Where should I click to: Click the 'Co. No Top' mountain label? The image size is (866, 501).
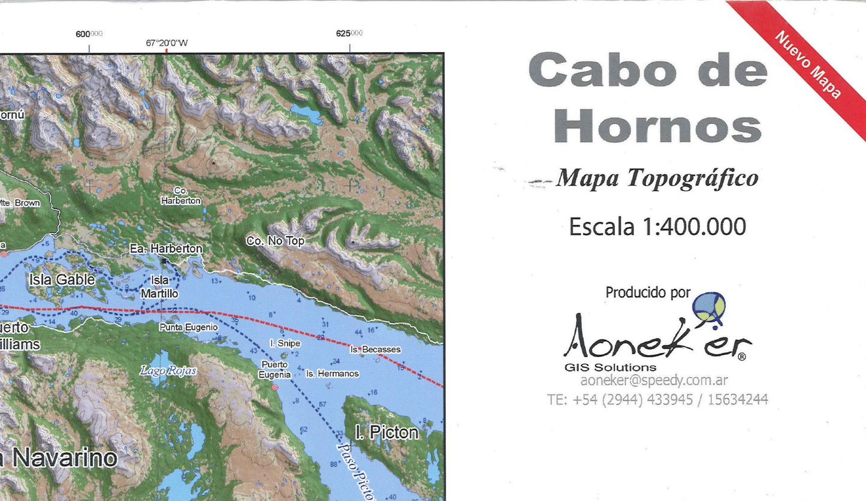click(275, 241)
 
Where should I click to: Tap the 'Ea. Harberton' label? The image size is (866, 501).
click(166, 248)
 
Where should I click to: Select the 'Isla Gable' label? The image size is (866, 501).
click(62, 279)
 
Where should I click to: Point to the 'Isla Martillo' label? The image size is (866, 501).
click(159, 287)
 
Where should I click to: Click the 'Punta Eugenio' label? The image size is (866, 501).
click(188, 327)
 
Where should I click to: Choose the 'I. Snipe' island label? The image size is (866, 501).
click(285, 343)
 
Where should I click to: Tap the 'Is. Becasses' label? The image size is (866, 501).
click(375, 349)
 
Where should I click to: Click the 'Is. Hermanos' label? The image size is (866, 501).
click(332, 373)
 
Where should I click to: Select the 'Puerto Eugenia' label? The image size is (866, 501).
click(274, 369)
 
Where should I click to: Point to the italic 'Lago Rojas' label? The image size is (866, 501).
click(168, 370)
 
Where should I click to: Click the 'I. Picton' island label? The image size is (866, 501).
click(387, 432)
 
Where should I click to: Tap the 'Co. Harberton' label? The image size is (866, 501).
click(180, 197)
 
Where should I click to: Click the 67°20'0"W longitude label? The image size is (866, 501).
click(167, 43)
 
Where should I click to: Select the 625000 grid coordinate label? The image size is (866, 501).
click(349, 34)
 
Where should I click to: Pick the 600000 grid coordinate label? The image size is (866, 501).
click(89, 34)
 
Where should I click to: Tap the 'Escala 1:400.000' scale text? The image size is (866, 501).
click(657, 227)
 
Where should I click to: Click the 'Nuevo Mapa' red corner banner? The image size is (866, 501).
click(809, 66)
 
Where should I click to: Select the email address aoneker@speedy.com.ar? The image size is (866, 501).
click(654, 381)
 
